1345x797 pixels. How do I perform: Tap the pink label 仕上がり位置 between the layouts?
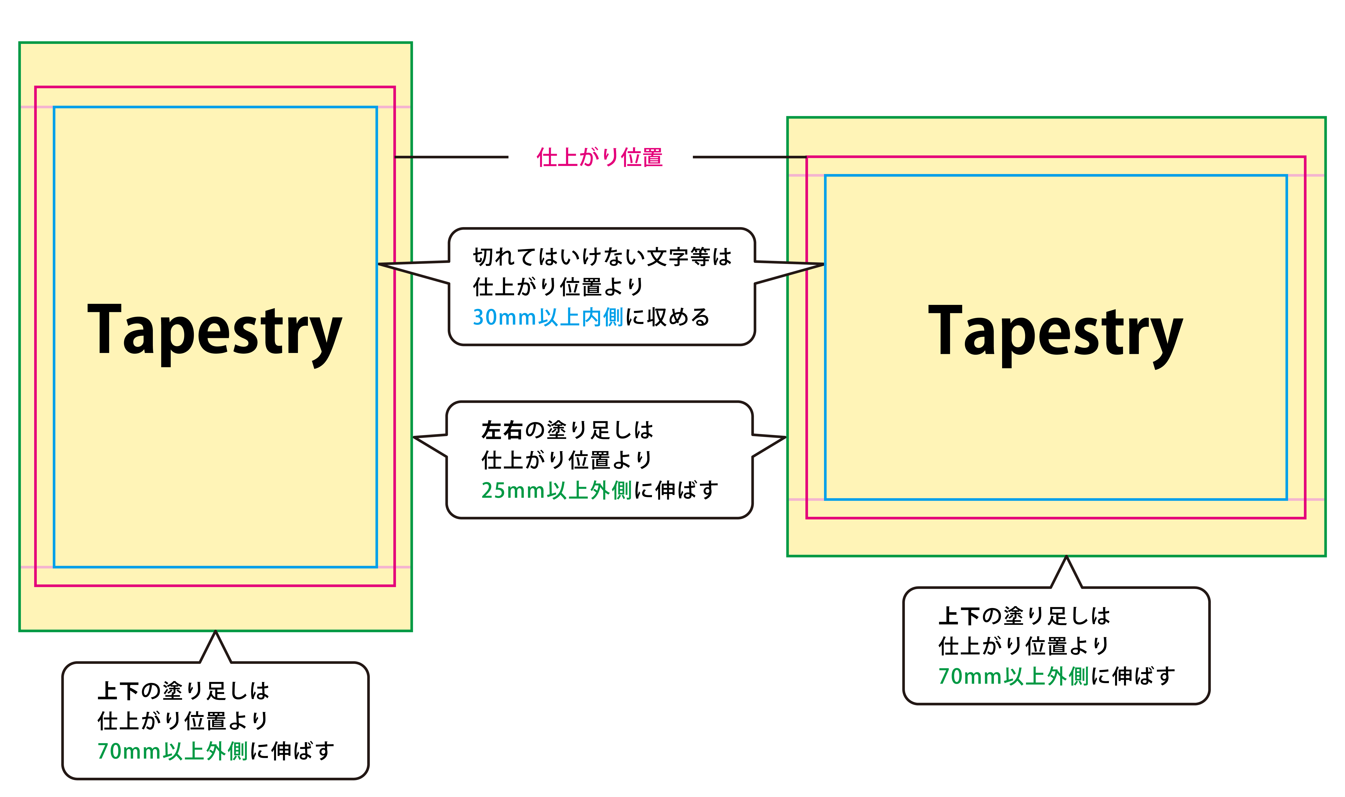(x=600, y=157)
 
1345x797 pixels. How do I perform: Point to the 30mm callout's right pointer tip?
(x=824, y=264)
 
